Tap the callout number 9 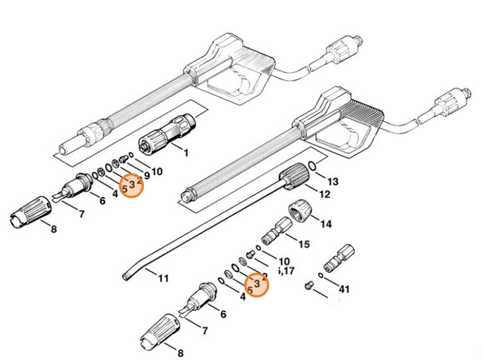click(147, 175)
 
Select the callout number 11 click(163, 278)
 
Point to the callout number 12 click(324, 194)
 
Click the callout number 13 click(332, 181)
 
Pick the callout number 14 click(325, 224)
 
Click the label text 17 click(288, 270)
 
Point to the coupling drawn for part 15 click(275, 231)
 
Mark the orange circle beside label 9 click(132, 185)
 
